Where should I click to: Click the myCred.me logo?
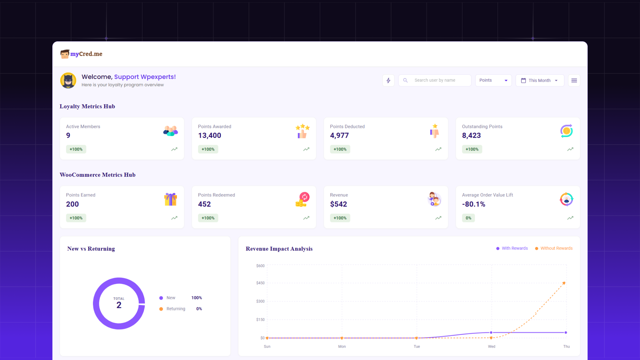point(81,54)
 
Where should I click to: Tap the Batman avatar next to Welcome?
point(68,80)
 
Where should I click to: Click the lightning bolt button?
point(388,80)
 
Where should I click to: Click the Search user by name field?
point(435,80)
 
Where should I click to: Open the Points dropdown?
point(493,80)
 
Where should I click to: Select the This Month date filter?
point(539,80)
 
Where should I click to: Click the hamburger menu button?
point(574,80)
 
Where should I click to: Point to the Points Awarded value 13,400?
point(209,135)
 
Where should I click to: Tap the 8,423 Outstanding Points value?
point(471,135)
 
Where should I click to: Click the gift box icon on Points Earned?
point(170,199)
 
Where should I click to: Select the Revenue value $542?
point(338,204)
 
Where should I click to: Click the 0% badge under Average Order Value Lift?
point(468,218)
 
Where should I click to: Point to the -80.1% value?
point(473,204)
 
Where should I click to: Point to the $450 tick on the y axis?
point(260,283)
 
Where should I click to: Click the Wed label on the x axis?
point(491,347)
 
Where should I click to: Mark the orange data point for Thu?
point(564,283)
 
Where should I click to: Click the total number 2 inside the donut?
point(119,305)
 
